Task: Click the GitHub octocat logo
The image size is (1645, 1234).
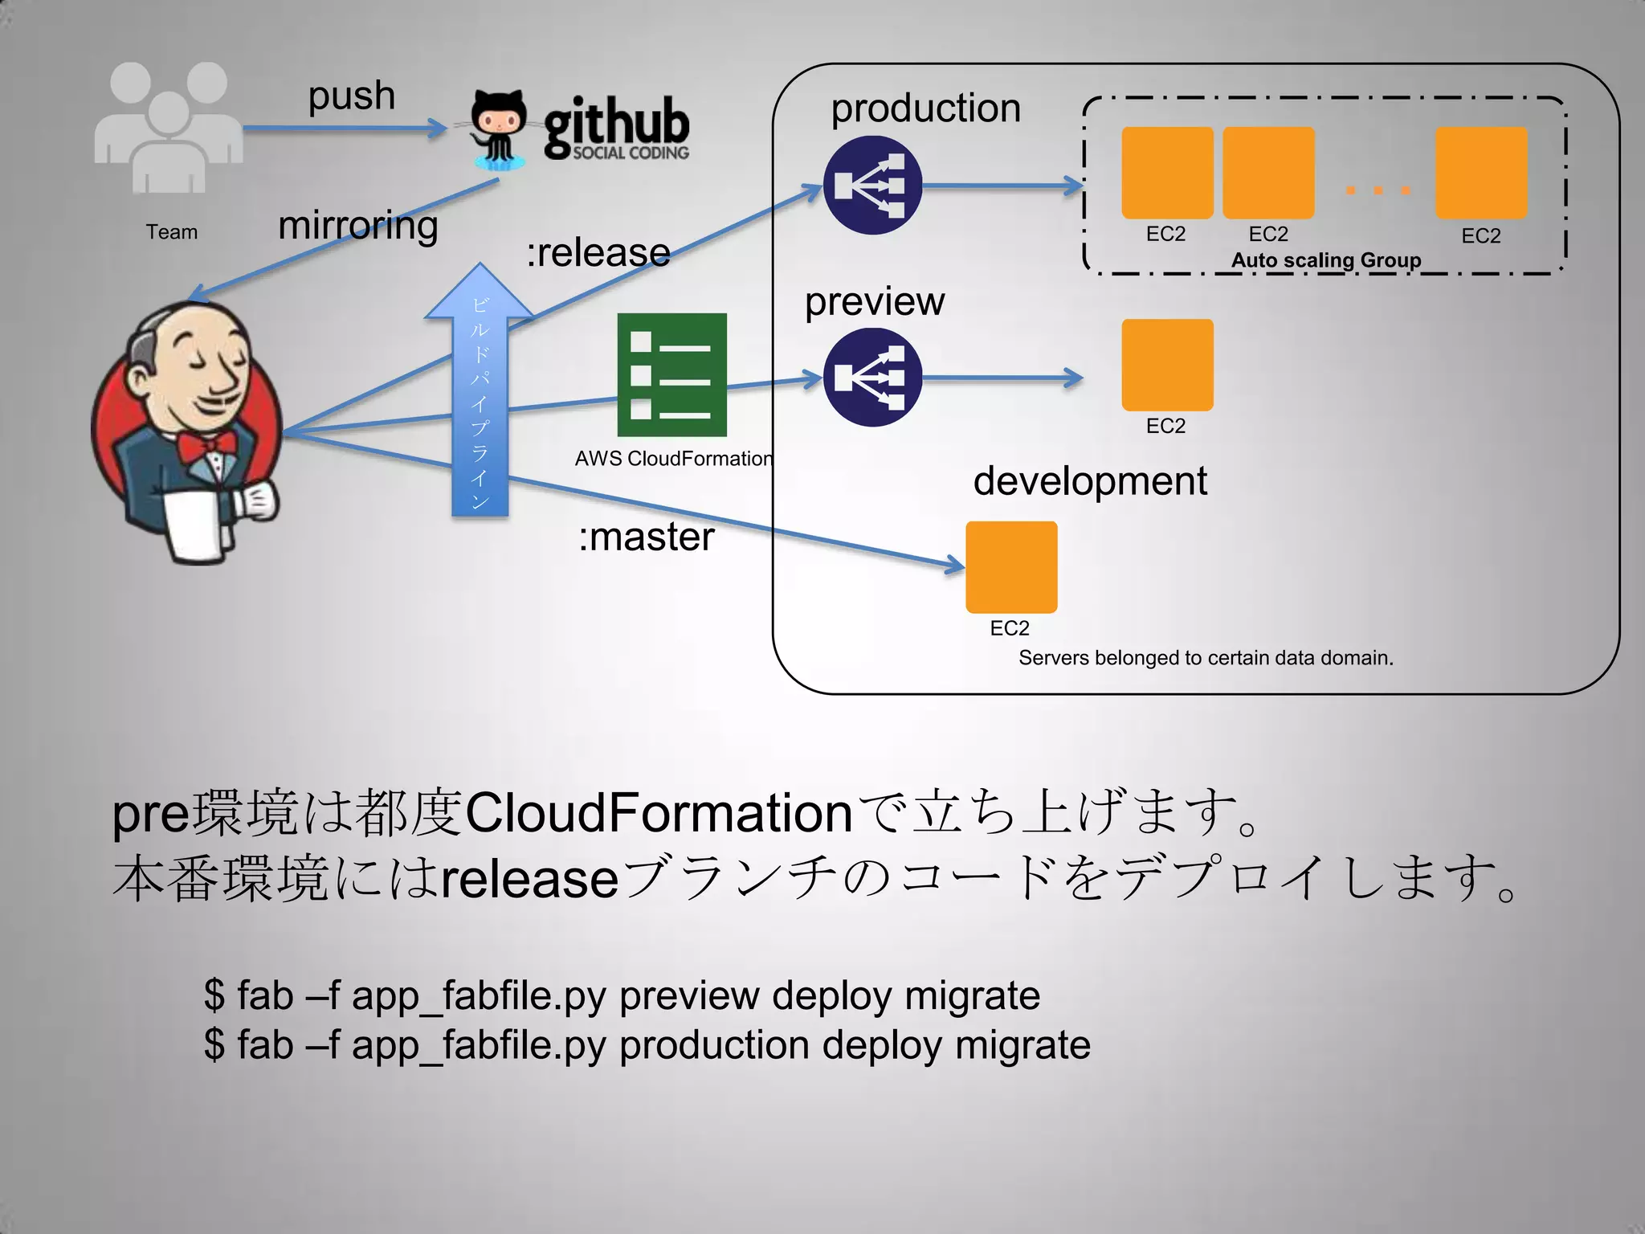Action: (x=498, y=129)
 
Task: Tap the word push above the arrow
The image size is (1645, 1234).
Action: (x=352, y=96)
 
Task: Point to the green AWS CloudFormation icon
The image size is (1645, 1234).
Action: (x=671, y=374)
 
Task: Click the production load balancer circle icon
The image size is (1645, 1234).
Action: (x=871, y=186)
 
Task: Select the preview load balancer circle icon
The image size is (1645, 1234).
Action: (x=871, y=378)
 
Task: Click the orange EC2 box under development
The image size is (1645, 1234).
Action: (x=1011, y=567)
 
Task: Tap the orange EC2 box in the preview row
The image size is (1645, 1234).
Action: (x=1167, y=365)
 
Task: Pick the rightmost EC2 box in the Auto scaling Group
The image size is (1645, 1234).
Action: (x=1481, y=173)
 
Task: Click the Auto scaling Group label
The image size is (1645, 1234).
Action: (x=1326, y=260)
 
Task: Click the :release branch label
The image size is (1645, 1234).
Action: (x=598, y=253)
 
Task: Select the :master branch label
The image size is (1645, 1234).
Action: (x=647, y=537)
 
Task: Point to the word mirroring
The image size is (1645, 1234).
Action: (x=358, y=226)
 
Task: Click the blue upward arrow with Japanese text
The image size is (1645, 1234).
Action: (x=480, y=394)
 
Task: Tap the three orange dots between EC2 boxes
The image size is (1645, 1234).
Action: (x=1378, y=190)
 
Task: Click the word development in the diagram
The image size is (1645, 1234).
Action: (x=1090, y=480)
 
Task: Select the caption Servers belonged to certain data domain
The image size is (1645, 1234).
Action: (x=1206, y=658)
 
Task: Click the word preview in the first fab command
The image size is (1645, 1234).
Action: (x=689, y=995)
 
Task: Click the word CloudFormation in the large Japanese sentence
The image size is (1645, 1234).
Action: (x=659, y=813)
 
